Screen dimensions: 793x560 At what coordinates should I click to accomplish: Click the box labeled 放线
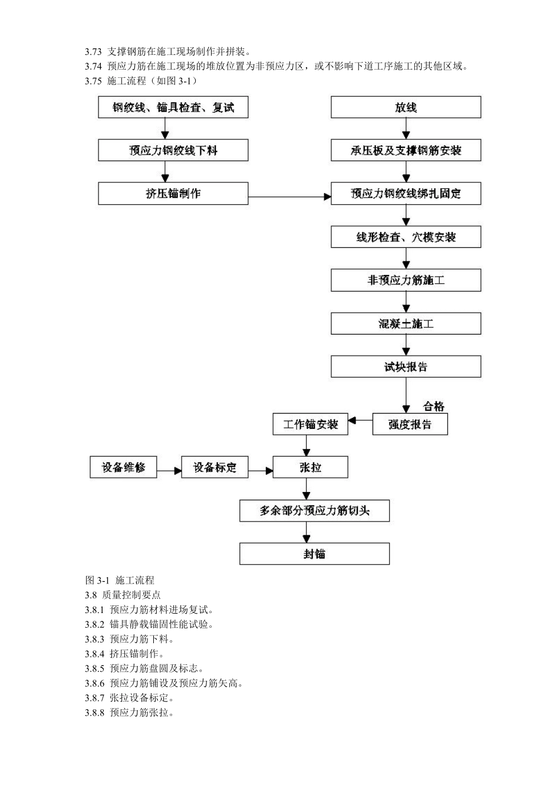click(x=406, y=107)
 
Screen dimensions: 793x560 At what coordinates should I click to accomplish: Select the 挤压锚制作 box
click(x=173, y=194)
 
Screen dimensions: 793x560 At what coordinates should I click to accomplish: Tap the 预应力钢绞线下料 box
click(x=173, y=150)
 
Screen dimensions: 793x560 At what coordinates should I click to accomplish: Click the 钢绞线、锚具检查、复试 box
click(x=173, y=107)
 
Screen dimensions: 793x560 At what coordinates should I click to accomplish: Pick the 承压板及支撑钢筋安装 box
click(x=406, y=150)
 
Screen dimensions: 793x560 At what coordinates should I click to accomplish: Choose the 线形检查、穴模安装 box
click(x=406, y=237)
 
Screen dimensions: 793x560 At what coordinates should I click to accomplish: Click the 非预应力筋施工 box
click(x=406, y=280)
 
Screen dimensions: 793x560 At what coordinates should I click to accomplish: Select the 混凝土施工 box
click(x=406, y=323)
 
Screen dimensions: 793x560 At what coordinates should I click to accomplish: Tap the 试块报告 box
click(x=406, y=367)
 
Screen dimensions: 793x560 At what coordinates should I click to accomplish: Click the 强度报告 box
click(x=410, y=424)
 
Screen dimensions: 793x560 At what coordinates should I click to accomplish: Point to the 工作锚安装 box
click(x=310, y=424)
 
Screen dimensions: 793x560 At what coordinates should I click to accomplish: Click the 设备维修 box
click(x=123, y=467)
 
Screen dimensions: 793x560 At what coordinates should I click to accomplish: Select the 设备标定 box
click(x=215, y=467)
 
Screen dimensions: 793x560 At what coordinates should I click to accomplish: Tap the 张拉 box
click(x=310, y=467)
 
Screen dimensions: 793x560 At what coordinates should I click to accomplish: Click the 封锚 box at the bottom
click(x=314, y=554)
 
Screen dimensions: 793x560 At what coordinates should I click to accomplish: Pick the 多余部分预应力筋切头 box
click(x=314, y=510)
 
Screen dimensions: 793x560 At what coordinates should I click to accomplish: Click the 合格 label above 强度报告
click(x=433, y=406)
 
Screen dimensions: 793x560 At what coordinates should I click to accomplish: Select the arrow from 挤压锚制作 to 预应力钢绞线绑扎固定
click(x=289, y=196)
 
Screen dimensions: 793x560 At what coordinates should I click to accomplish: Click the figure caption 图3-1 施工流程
click(x=120, y=580)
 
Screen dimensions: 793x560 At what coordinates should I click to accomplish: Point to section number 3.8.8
click(x=94, y=713)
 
